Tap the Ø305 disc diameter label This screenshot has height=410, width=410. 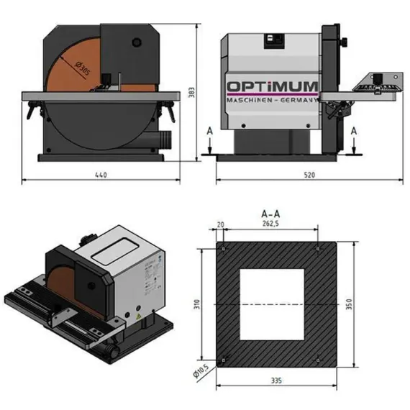[81, 70]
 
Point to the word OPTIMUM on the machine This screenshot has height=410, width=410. [273, 88]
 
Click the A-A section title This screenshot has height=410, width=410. [269, 214]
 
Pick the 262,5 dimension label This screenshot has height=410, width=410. [269, 225]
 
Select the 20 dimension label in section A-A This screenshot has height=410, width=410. [222, 225]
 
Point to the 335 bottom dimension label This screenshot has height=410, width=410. [277, 379]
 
